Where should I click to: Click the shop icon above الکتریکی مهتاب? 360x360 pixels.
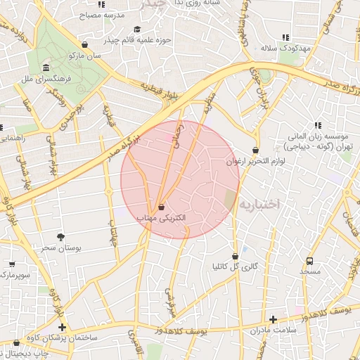click(162, 207)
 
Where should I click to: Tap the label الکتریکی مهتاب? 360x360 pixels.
click(161, 219)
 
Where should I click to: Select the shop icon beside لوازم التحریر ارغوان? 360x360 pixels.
click(255, 150)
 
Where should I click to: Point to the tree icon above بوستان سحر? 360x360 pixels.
click(60, 237)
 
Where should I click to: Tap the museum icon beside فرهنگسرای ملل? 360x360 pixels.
click(46, 68)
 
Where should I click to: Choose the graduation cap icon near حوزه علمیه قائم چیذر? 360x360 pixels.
click(137, 30)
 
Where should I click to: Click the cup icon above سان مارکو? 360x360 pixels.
click(85, 44)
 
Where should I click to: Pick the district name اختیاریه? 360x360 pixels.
click(259, 203)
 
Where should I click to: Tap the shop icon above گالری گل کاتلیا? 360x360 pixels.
click(235, 256)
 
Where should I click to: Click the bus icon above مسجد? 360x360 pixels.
click(310, 259)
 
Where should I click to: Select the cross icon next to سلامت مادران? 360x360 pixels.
click(273, 319)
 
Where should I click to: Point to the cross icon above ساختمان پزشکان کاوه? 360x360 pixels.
click(63, 327)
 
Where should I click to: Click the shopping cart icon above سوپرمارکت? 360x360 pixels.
click(12, 264)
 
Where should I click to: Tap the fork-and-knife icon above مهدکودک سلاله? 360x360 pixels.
click(285, 37)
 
